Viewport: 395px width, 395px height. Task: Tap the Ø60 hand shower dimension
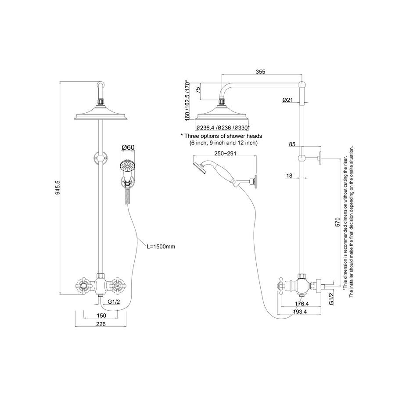pos(127,147)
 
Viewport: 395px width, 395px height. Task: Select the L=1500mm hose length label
pos(161,247)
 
